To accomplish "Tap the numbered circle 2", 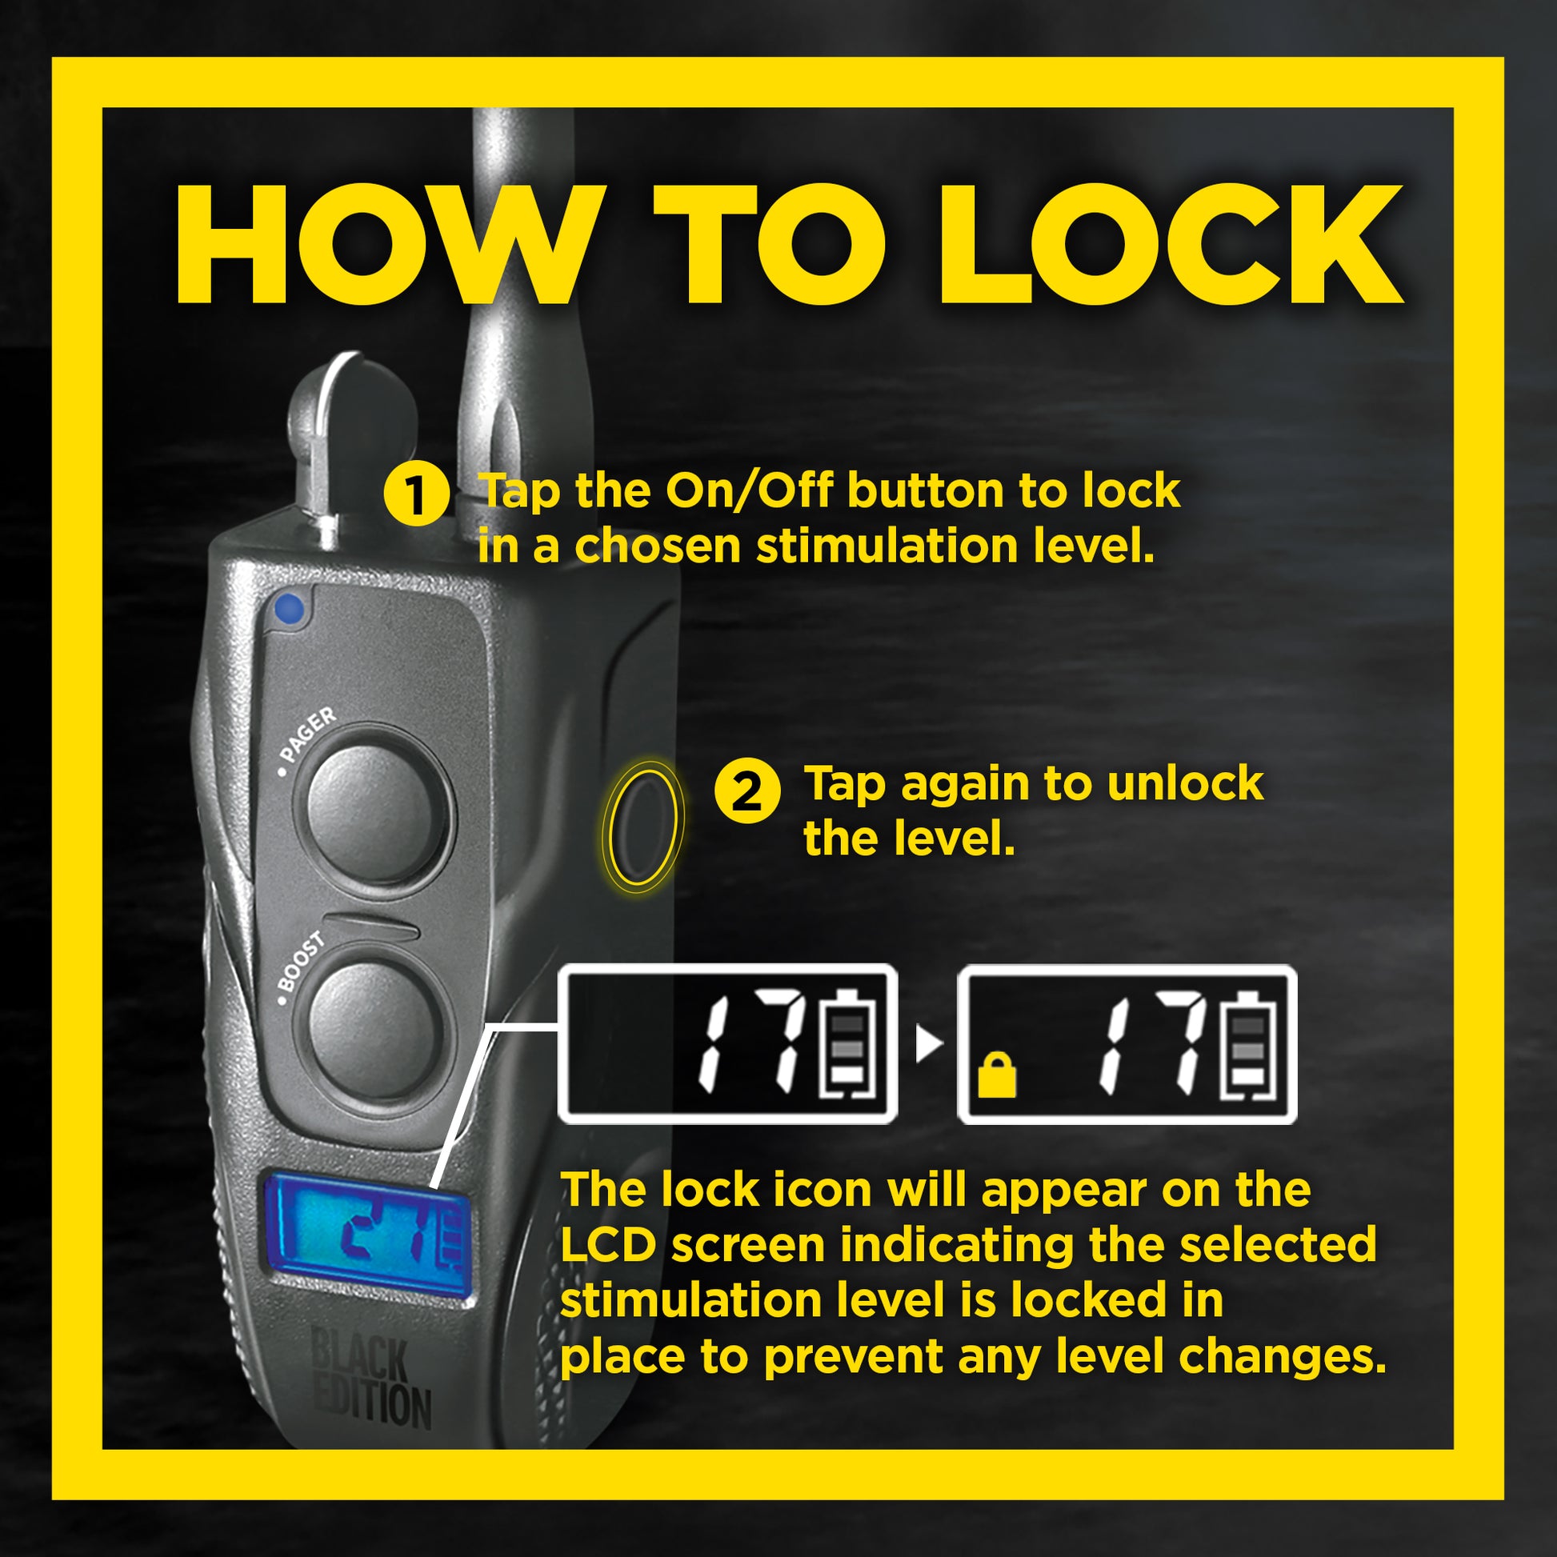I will click(747, 793).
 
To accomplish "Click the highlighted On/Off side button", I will click(642, 827).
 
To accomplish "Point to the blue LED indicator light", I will click(289, 609).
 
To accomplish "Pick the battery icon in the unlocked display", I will click(847, 1043).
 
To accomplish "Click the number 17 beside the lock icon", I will click(1152, 1044).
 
